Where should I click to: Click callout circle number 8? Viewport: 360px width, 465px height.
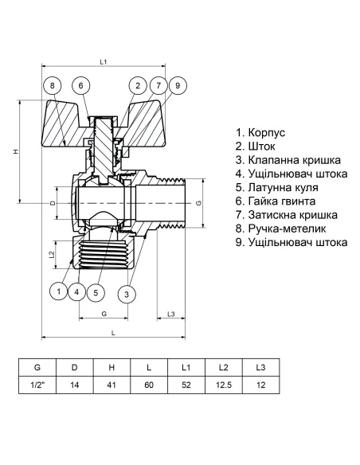[x=52, y=86]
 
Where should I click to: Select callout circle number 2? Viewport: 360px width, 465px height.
[x=138, y=86]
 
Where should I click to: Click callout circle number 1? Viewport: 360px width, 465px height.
[x=58, y=292]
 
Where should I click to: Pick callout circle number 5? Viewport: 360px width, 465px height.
[x=95, y=292]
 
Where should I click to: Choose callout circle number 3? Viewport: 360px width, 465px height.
[x=126, y=295]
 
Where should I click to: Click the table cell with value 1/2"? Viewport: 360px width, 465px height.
[x=37, y=385]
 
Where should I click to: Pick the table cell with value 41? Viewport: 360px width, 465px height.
[x=111, y=385]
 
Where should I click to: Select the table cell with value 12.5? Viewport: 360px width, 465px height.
[x=224, y=385]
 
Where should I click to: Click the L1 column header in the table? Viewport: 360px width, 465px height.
[x=186, y=367]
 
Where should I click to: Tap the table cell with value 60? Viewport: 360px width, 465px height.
[x=149, y=385]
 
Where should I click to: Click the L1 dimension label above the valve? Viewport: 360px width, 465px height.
[x=104, y=61]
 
